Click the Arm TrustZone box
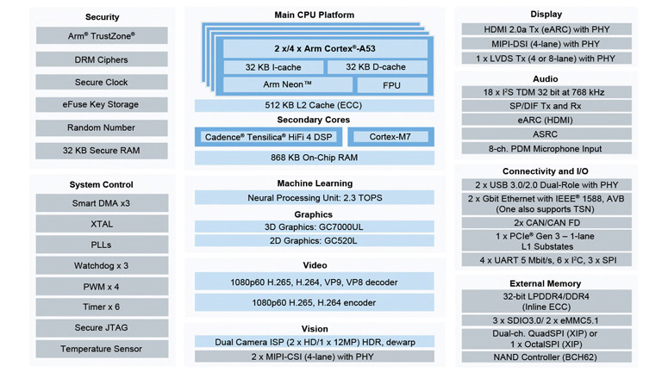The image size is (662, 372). (x=102, y=36)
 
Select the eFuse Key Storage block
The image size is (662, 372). (x=102, y=104)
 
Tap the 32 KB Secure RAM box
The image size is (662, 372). (x=102, y=150)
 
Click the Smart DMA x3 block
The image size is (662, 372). (x=102, y=203)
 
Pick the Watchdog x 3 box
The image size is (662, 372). (x=102, y=266)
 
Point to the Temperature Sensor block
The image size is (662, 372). (x=102, y=349)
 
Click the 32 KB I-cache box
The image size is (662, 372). (x=273, y=67)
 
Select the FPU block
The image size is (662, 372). (x=391, y=85)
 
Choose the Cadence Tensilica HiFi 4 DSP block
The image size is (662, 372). (x=268, y=137)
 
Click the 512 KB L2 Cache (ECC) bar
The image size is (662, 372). (x=315, y=105)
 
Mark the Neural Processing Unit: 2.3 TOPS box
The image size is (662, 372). (x=315, y=198)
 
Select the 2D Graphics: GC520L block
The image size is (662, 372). (x=315, y=241)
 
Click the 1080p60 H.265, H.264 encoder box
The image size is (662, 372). (x=315, y=303)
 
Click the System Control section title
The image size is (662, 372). (x=102, y=184)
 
